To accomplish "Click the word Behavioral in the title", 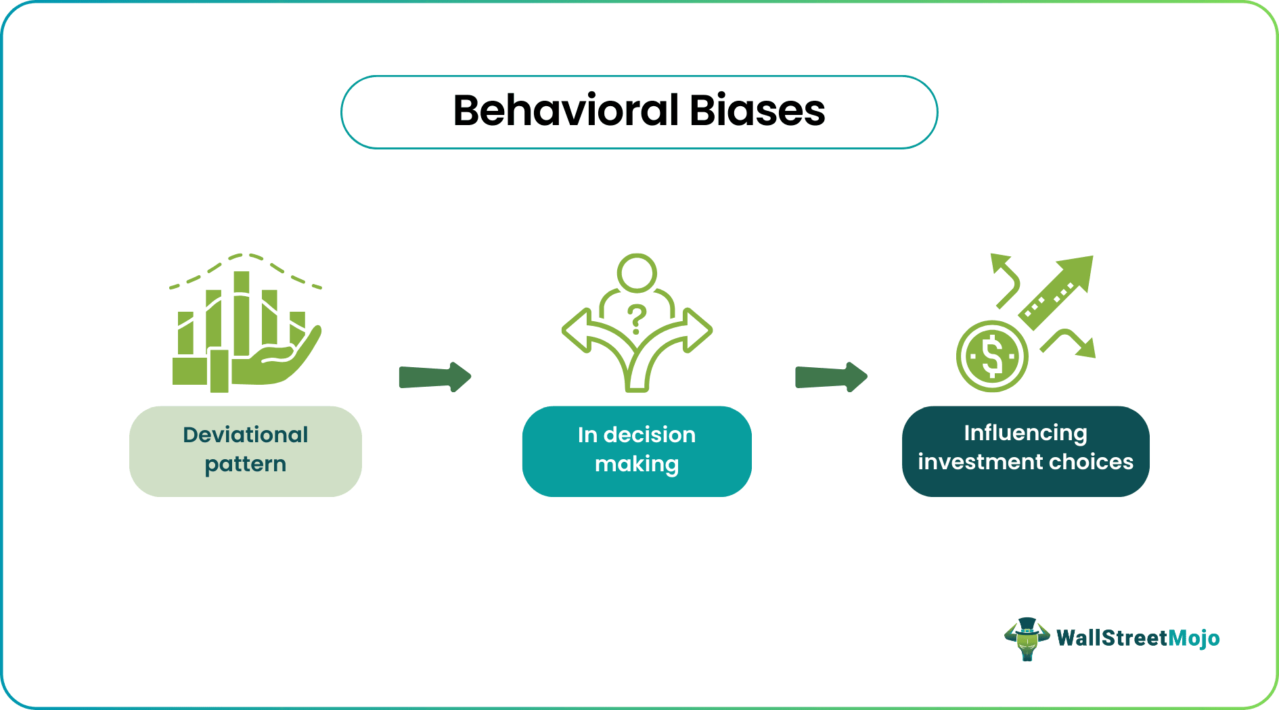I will tap(566, 111).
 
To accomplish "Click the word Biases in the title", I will tap(757, 111).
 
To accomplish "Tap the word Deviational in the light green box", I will tap(245, 435).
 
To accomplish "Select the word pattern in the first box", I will tap(245, 465).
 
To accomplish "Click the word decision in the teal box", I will tap(649, 435).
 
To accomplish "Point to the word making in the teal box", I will tap(636, 465).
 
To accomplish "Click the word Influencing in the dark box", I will tap(1025, 433).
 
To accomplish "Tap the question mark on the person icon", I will tap(636, 318).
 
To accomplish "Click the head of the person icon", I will tap(636, 273).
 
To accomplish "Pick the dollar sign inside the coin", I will tap(992, 356).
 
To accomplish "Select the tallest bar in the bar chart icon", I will tap(242, 311).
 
